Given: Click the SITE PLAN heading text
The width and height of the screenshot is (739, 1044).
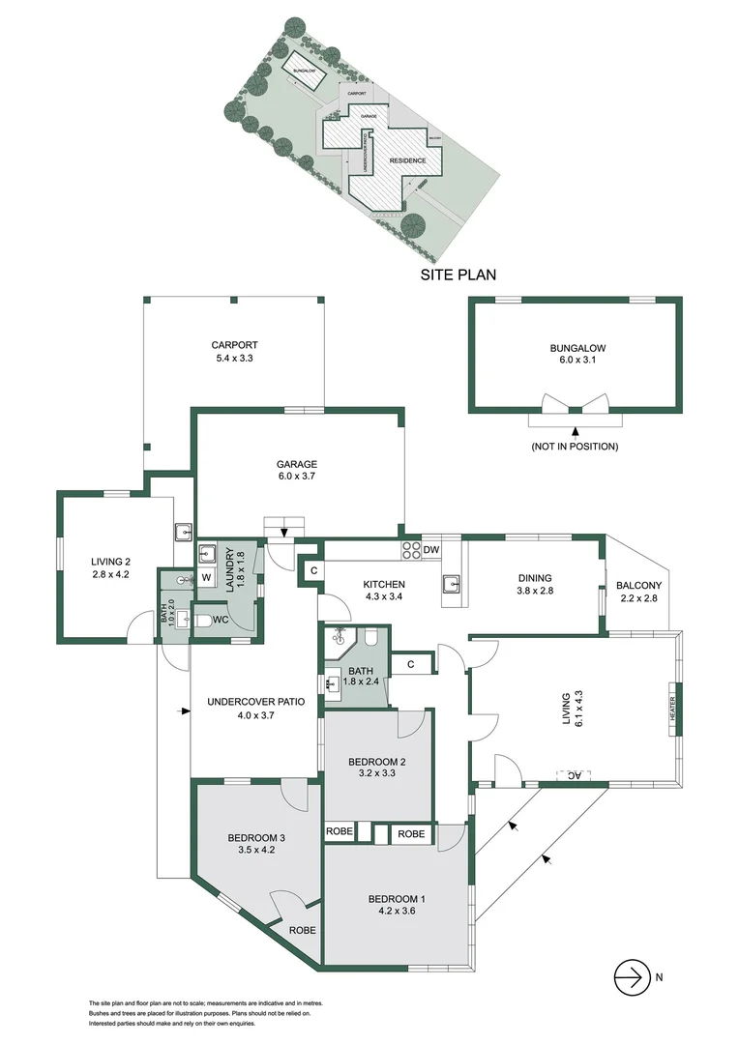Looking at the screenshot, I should (458, 275).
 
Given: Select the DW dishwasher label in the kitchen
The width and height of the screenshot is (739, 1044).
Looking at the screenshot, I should (431, 550).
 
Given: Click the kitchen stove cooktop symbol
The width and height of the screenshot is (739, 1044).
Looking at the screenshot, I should (410, 550).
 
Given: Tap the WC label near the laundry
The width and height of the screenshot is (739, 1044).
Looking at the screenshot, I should (220, 619).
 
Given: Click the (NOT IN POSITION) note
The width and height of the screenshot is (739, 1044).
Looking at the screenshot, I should (575, 447).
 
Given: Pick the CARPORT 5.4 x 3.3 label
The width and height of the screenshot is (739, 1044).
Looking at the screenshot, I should (234, 352).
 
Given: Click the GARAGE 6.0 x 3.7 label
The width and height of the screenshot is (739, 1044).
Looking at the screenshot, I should (298, 470).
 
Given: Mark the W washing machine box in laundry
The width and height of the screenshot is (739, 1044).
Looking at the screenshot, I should (205, 578).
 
